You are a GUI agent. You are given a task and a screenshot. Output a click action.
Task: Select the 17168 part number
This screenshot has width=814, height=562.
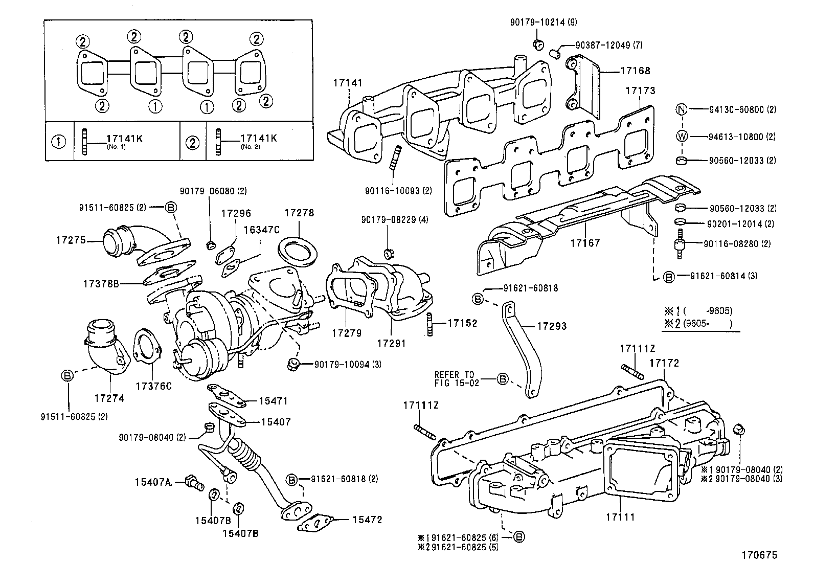click(636, 71)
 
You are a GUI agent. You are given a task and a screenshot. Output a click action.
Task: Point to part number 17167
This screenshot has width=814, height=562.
click(585, 243)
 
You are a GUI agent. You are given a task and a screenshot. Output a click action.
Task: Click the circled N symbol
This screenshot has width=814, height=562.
click(681, 109)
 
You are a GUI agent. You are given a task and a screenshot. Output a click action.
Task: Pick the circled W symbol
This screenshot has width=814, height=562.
click(681, 137)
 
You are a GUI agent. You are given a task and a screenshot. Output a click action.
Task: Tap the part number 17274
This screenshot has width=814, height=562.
click(109, 397)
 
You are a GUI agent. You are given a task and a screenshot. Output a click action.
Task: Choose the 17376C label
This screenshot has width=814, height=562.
click(153, 386)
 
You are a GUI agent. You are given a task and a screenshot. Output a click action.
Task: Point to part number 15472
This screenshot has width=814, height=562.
click(367, 520)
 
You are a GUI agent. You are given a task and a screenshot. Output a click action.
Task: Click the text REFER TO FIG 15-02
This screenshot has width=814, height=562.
click(457, 378)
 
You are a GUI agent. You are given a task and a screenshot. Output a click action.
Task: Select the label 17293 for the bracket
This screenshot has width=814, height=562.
click(552, 326)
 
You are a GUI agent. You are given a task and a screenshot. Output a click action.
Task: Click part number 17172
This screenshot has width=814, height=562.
click(664, 363)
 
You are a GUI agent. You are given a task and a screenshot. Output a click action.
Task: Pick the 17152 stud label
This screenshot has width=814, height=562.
click(462, 323)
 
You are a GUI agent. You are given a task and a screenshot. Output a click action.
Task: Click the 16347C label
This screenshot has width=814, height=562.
click(261, 230)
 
